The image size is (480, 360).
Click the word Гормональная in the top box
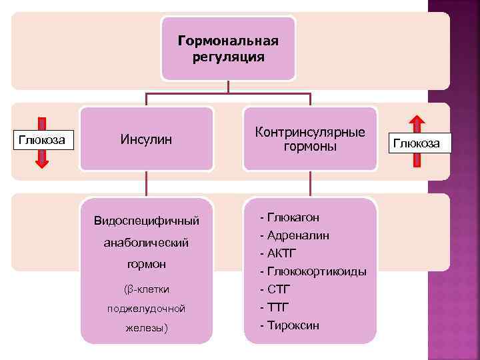(228, 42)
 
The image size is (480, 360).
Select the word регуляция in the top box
(228, 57)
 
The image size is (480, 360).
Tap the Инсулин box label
(146, 139)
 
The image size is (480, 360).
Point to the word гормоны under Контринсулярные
(310, 146)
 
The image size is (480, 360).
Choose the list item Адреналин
(298, 235)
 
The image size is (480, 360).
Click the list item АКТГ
(282, 253)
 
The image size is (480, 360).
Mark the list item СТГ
(279, 289)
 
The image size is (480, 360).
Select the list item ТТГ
(279, 307)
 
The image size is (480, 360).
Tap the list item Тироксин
(293, 325)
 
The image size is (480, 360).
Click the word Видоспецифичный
(147, 220)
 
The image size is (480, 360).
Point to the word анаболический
(147, 243)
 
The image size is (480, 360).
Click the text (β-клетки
(147, 289)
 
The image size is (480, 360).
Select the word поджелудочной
(147, 309)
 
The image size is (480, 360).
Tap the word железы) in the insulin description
(147, 329)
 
